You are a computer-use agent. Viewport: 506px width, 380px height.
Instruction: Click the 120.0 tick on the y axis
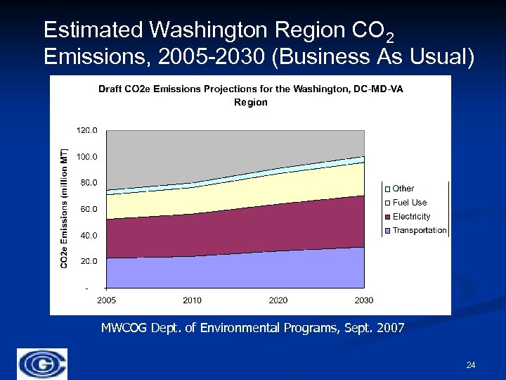(87, 131)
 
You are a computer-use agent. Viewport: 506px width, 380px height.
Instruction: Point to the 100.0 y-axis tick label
(87, 157)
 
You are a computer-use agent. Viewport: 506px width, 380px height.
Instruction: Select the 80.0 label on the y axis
(89, 183)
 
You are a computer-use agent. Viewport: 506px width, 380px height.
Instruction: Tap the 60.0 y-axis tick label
(89, 209)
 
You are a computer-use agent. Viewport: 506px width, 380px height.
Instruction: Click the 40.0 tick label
(89, 235)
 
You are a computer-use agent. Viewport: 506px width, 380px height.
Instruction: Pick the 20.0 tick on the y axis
(89, 261)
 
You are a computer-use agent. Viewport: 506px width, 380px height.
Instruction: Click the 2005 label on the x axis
(106, 300)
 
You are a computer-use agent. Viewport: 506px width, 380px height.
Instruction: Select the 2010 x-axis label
(192, 300)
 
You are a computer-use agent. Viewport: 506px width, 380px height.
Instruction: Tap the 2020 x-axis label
(278, 300)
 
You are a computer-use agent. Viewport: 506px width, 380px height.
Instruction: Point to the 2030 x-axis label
(364, 300)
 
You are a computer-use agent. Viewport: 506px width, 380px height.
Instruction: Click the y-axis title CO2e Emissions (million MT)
(63, 208)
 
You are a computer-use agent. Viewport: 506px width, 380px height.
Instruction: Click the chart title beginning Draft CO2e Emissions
(250, 95)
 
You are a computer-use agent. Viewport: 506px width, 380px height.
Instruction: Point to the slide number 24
(471, 365)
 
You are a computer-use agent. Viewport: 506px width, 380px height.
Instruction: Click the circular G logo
(43, 364)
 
